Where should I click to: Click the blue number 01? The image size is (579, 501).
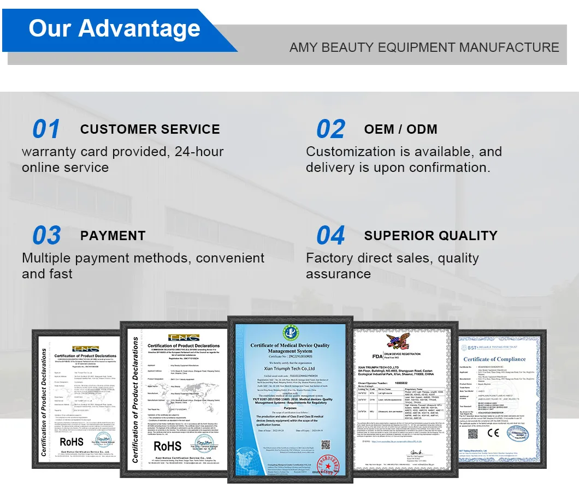(46, 129)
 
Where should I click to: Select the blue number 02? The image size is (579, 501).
(330, 129)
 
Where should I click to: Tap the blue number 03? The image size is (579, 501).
(46, 236)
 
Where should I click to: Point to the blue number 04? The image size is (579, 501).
(330, 236)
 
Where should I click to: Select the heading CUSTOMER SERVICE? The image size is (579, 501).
(150, 129)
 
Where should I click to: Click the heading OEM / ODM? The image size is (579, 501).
(400, 129)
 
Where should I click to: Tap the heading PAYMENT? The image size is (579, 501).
(113, 236)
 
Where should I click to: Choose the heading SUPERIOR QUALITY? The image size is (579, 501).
(430, 236)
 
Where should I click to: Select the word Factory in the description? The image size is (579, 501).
(331, 258)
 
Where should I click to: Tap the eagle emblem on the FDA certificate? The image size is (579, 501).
(397, 342)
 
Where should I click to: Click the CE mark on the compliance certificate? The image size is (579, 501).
(493, 433)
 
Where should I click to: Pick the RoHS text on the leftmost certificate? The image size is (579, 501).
(72, 442)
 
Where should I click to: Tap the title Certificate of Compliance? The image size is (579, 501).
(494, 359)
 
